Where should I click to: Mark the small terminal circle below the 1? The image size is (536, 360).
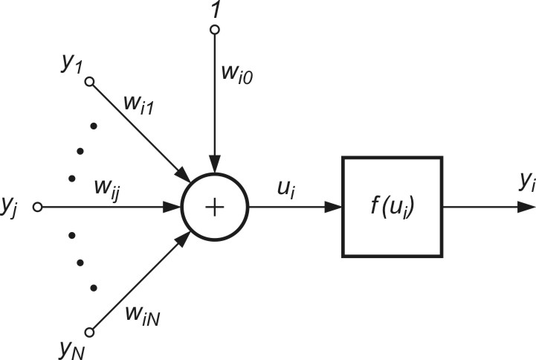click(215, 30)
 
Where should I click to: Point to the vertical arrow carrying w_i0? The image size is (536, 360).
click(215, 104)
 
